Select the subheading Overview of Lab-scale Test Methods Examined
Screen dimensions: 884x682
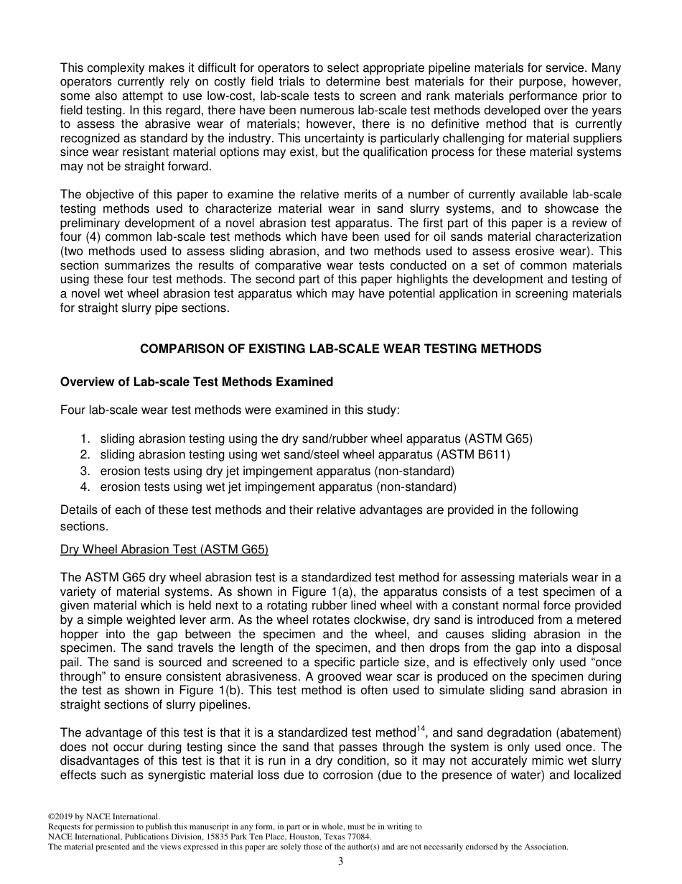(x=197, y=382)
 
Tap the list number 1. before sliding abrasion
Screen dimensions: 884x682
(x=85, y=438)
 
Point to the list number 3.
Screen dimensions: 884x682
(x=85, y=471)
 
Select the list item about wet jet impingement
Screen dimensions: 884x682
(x=278, y=487)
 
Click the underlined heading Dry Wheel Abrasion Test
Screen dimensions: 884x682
(x=164, y=550)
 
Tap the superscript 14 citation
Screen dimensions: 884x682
(x=421, y=729)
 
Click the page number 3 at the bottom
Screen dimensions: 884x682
(x=341, y=862)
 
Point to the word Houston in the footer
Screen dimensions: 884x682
(x=308, y=837)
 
